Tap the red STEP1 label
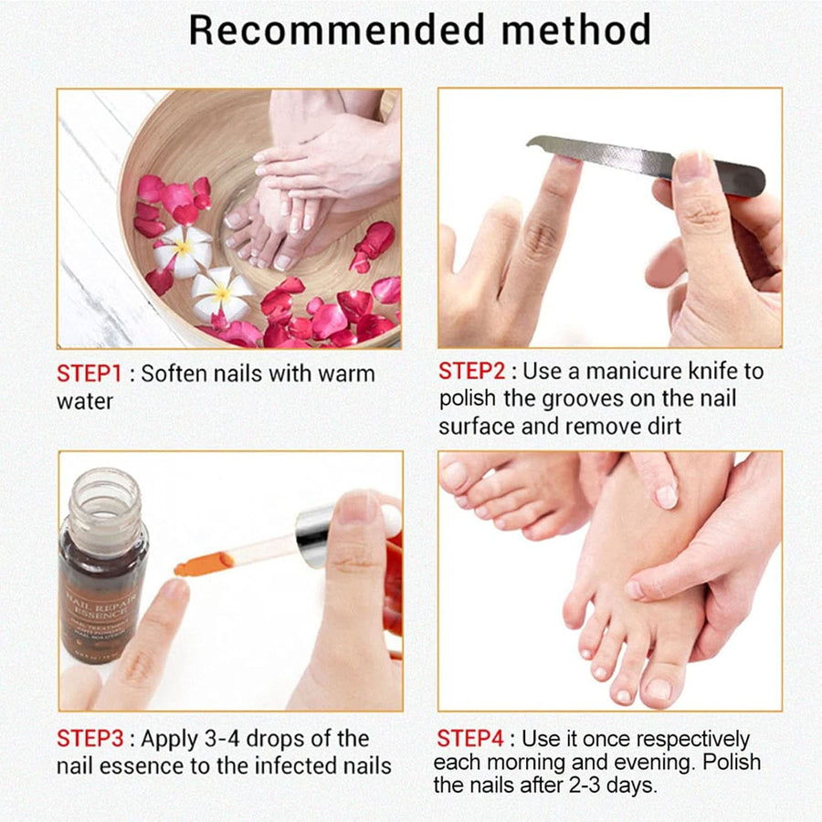(88, 374)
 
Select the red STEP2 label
(470, 372)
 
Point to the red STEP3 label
(89, 738)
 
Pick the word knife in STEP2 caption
(728, 372)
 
